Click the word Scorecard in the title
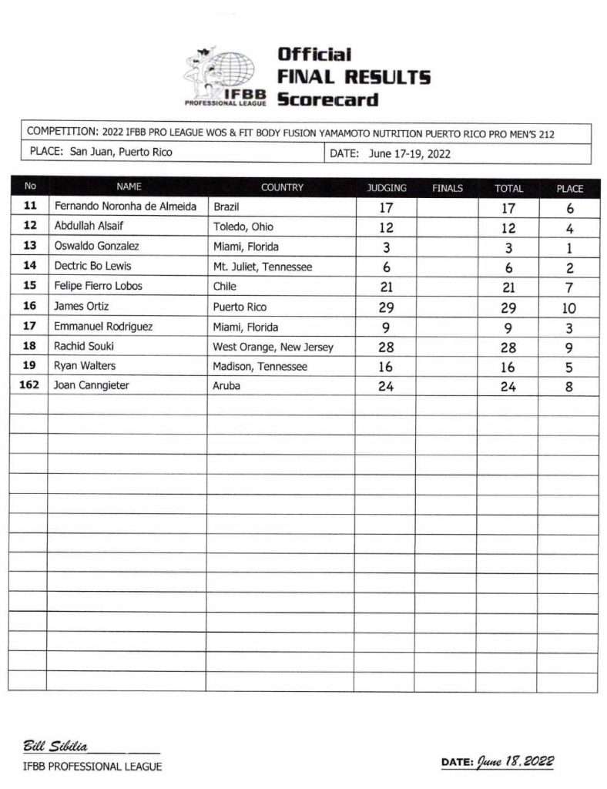coord(327,99)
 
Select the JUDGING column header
coord(386,188)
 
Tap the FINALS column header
coord(448,188)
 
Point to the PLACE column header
coord(569,188)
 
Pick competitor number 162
coord(29,386)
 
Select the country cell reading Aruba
coord(226,386)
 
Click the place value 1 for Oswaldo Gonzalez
coord(569,249)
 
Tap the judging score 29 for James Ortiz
coord(386,307)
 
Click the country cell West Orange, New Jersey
coord(273,347)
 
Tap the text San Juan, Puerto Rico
coord(121,152)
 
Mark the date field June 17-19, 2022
coord(409,153)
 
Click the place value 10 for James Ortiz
coord(569,307)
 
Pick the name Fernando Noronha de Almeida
coord(126,206)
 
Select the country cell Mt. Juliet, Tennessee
coord(262,267)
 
